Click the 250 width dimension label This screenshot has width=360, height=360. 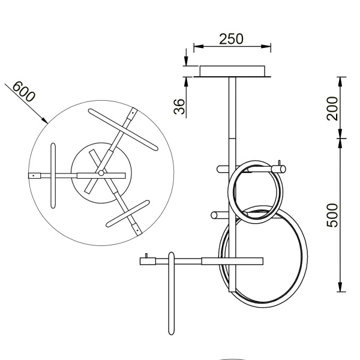click(231, 39)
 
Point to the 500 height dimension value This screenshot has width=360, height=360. click(333, 215)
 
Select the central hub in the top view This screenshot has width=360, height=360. click(101, 173)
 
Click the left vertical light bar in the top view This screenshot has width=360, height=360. click(54, 175)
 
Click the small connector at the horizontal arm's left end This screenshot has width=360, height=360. click(144, 259)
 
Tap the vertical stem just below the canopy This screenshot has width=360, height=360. click(232, 108)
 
